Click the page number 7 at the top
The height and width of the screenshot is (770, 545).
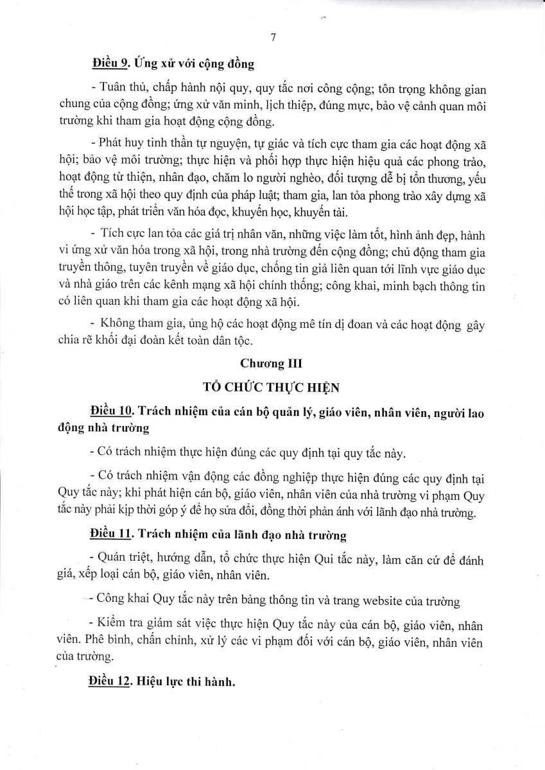(273, 38)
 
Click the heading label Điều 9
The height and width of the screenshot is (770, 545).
(107, 64)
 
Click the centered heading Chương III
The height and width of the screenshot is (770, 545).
(272, 363)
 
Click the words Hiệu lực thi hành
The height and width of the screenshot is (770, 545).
(185, 681)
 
